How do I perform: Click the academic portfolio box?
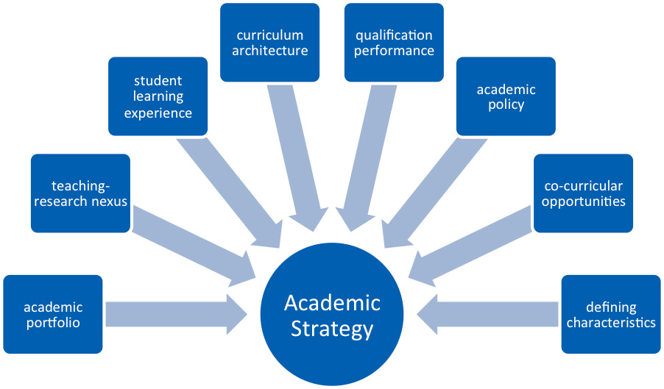(x=53, y=314)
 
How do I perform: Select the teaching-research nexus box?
(x=80, y=193)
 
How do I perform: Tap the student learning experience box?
(x=158, y=96)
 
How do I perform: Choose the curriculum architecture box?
(x=269, y=43)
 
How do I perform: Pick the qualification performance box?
(x=394, y=43)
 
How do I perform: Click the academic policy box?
(x=506, y=96)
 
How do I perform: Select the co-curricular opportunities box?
(x=583, y=193)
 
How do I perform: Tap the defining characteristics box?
(x=611, y=314)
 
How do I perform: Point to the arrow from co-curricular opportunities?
(x=471, y=243)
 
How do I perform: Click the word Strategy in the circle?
(x=332, y=329)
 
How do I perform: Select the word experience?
(x=158, y=113)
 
